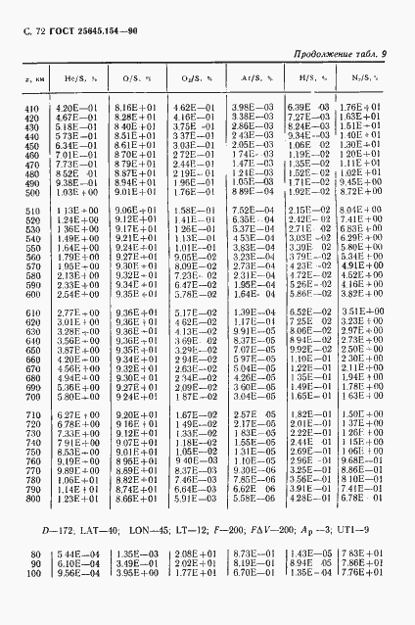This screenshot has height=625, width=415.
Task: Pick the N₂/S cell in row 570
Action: [x=364, y=266]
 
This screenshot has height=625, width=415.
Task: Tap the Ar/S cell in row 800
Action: [x=248, y=500]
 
